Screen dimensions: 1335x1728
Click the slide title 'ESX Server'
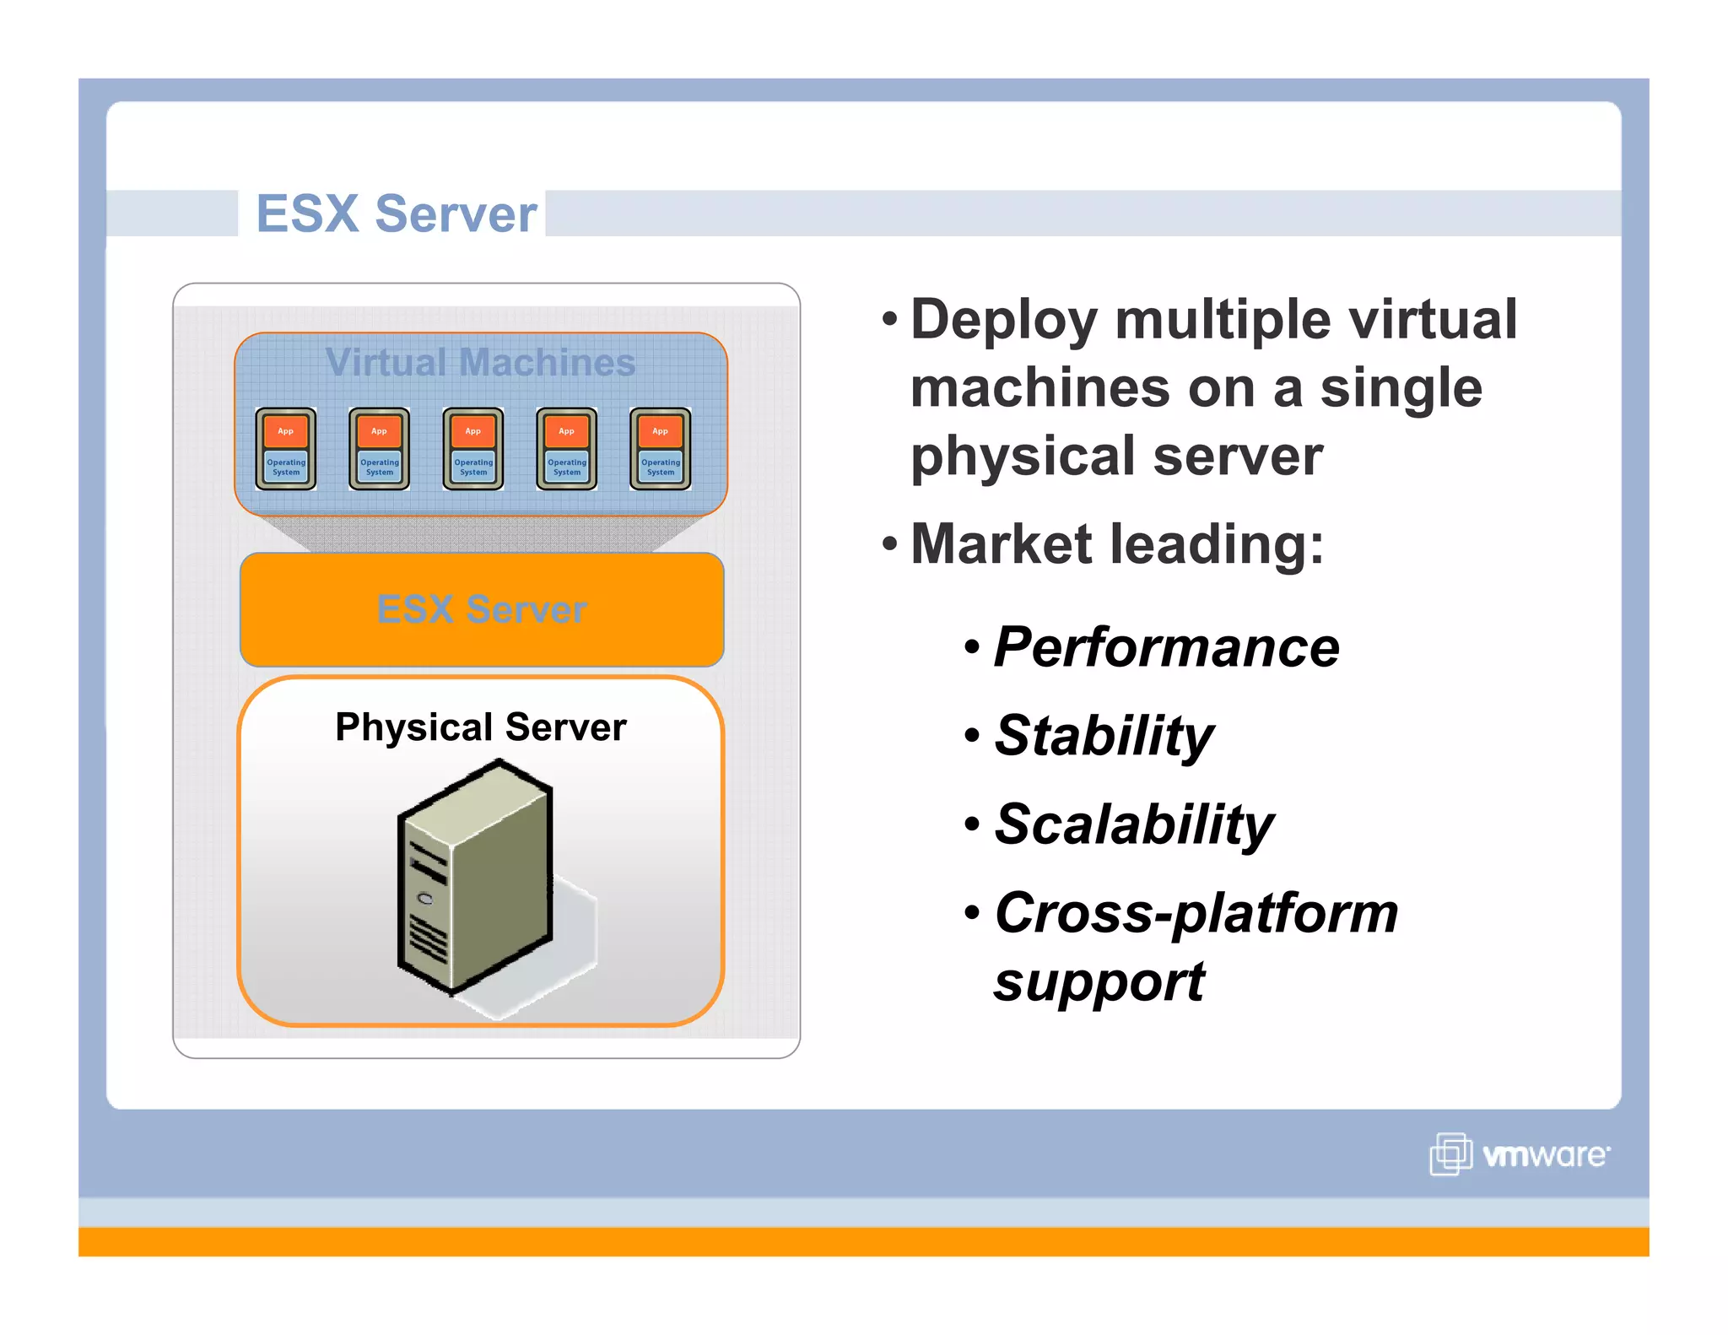396,213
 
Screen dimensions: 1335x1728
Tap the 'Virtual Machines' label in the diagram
480,362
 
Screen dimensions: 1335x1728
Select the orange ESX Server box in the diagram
482,609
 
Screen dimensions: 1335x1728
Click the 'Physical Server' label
480,727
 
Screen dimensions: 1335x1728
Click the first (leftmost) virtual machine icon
286,449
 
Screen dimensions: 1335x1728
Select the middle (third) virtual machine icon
473,449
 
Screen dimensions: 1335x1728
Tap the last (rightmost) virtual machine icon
661,449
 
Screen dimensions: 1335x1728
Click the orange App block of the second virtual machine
380,431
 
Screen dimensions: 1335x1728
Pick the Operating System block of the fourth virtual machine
567,467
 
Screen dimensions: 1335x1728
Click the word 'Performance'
1166,647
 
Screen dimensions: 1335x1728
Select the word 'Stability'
1104,735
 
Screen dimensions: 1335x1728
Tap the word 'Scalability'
1134,824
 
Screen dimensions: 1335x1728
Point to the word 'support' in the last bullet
1099,982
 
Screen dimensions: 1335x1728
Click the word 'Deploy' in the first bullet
1004,320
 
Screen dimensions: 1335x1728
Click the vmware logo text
1546,1155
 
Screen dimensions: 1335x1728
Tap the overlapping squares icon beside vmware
1450,1154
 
